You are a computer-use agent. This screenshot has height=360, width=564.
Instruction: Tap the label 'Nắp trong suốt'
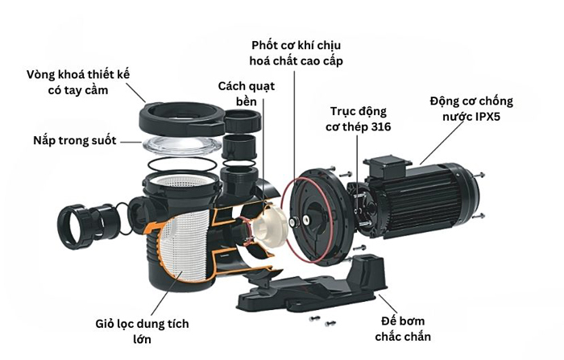pyautogui.click(x=74, y=140)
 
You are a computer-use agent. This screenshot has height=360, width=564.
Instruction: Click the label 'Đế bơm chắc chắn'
pyautogui.click(x=403, y=329)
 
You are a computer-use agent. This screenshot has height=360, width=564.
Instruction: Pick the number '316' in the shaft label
pyautogui.click(x=379, y=127)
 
